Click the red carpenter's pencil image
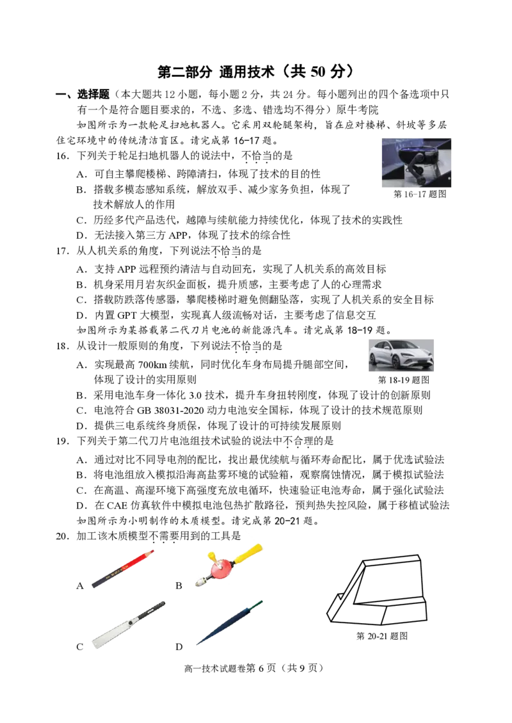[x=123, y=569]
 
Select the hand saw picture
[x=128, y=624]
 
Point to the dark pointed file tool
[x=229, y=622]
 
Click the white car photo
[x=401, y=355]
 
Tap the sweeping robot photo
[x=417, y=163]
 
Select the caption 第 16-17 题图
[x=420, y=194]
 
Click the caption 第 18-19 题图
[x=404, y=380]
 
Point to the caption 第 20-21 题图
[x=382, y=636]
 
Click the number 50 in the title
[x=318, y=72]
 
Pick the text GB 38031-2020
[x=168, y=410]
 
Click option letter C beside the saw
[x=80, y=647]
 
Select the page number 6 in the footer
[x=261, y=668]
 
